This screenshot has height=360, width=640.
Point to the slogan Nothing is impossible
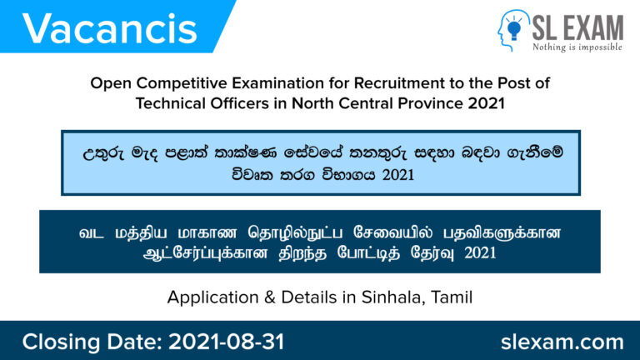[x=577, y=47]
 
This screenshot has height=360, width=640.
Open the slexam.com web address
[x=562, y=342]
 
